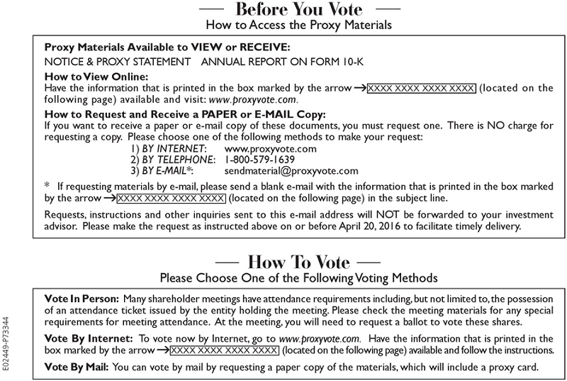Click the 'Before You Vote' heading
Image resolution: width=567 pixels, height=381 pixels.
pyautogui.click(x=298, y=10)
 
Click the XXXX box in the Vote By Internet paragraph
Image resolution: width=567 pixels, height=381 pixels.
pyautogui.click(x=225, y=350)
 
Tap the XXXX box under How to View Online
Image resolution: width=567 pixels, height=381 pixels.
pyautogui.click(x=426, y=89)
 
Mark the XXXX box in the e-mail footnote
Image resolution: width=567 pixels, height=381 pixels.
pyautogui.click(x=171, y=199)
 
